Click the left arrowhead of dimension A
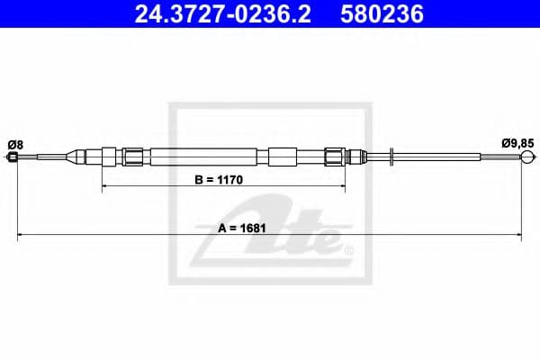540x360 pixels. click(x=21, y=236)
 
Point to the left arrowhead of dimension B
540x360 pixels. click(x=105, y=187)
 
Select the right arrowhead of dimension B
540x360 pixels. click(x=342, y=187)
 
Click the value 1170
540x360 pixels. click(x=232, y=180)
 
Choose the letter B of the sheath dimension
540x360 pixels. click(x=200, y=180)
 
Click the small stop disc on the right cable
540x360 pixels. click(x=392, y=157)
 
